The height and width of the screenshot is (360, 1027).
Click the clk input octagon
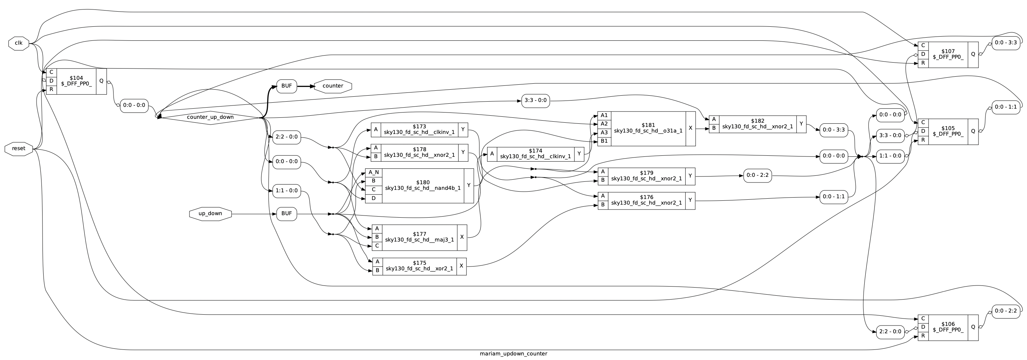pos(19,43)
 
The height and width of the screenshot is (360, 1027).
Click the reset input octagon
pos(19,149)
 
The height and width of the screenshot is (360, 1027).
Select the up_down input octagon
pos(210,214)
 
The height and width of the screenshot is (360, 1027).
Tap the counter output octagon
pos(332,86)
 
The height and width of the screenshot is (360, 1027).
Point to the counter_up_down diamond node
pos(210,117)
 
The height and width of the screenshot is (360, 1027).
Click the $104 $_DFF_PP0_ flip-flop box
pos(76,81)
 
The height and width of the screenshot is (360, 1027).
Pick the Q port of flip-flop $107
pos(973,54)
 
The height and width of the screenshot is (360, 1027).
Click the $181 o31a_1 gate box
pos(647,128)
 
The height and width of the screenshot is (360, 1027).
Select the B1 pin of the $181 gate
pos(604,141)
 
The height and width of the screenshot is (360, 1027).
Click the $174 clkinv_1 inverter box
pos(535,154)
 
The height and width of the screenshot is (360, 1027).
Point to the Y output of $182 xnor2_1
pos(801,124)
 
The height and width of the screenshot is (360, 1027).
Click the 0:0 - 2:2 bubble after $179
pos(757,175)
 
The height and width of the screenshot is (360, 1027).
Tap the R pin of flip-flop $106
pos(923,336)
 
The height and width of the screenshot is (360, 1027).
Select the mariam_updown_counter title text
pos(513,354)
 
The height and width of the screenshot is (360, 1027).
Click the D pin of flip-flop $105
pos(923,131)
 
